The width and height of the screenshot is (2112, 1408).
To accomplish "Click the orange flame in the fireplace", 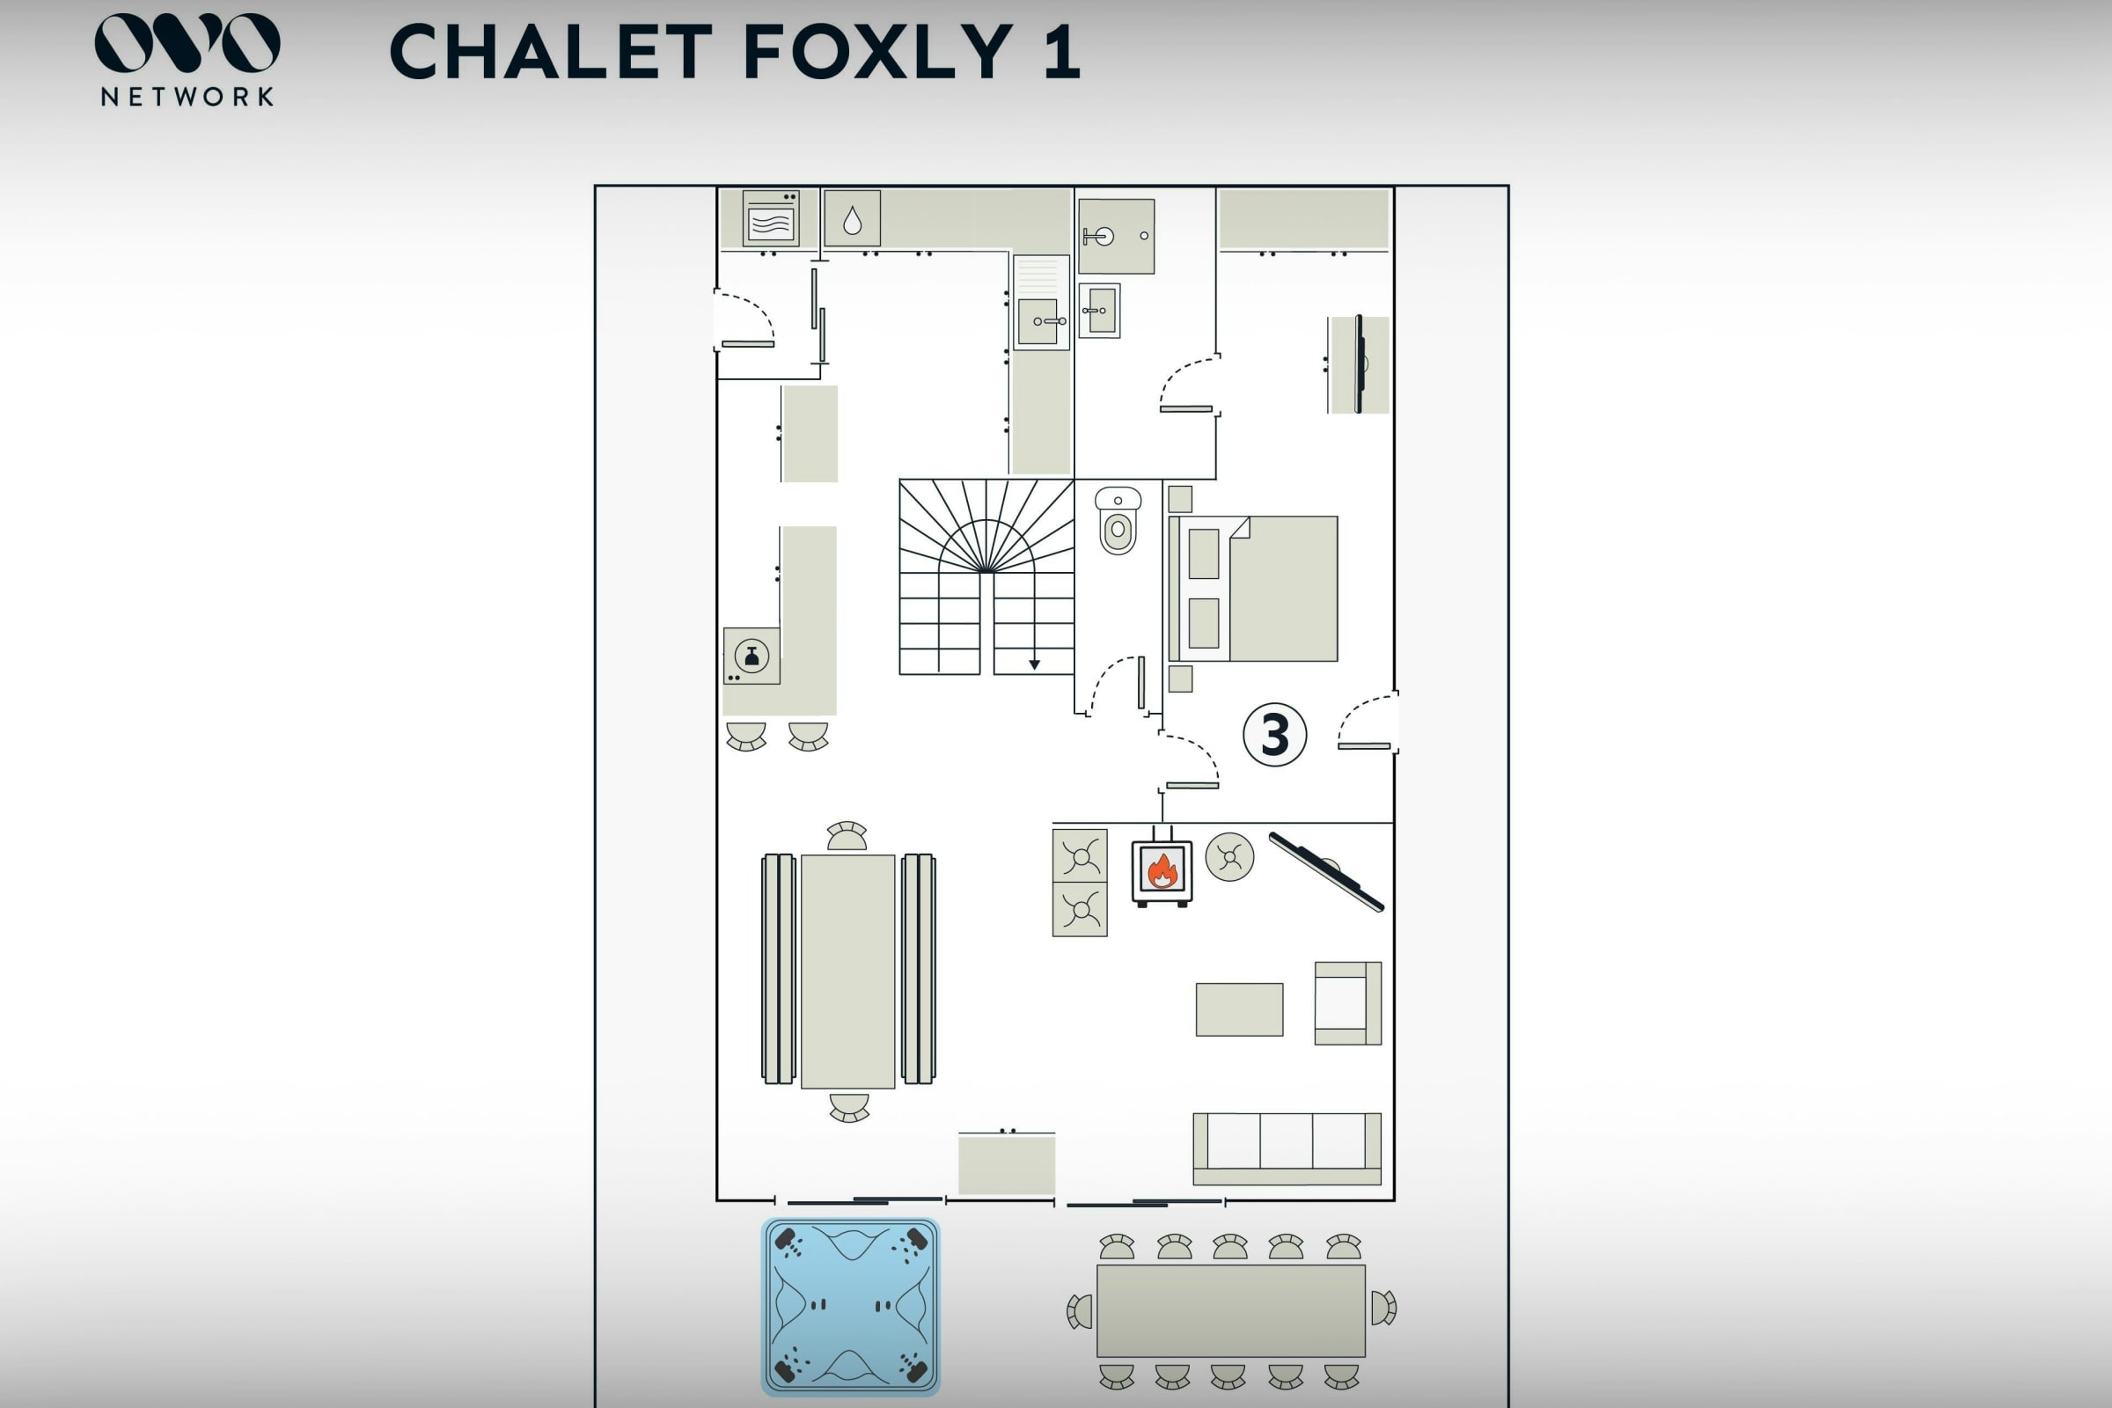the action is [x=1162, y=870].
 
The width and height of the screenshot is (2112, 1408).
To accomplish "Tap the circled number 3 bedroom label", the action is [x=1274, y=735].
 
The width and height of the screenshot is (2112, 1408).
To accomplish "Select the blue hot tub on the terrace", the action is [x=850, y=1307].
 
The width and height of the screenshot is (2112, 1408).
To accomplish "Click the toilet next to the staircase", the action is [x=1118, y=520].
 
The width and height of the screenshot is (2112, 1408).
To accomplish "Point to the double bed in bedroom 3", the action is [x=1252, y=588].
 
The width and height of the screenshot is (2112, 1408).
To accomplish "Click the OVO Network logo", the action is [x=187, y=59].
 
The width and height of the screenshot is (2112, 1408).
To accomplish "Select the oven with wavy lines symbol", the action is [x=771, y=218].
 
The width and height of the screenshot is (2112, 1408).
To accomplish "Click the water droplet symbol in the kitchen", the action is [x=852, y=220].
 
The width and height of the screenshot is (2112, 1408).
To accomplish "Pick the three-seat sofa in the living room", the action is [x=1287, y=1148].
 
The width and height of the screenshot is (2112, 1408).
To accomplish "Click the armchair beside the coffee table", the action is [x=1348, y=1003].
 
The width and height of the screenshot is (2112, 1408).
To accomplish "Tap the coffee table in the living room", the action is [x=1239, y=1009].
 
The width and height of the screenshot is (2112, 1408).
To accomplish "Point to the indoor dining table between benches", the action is [x=847, y=972].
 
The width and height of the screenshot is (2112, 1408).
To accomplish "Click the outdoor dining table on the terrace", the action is [x=1231, y=1311].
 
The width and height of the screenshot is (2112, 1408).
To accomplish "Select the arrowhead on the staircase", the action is [x=1035, y=664].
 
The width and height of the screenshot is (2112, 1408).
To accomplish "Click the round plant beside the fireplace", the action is [x=1229, y=856].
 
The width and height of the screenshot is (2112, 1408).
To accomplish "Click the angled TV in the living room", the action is [x=1326, y=872].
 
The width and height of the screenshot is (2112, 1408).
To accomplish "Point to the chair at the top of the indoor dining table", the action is [x=847, y=836].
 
